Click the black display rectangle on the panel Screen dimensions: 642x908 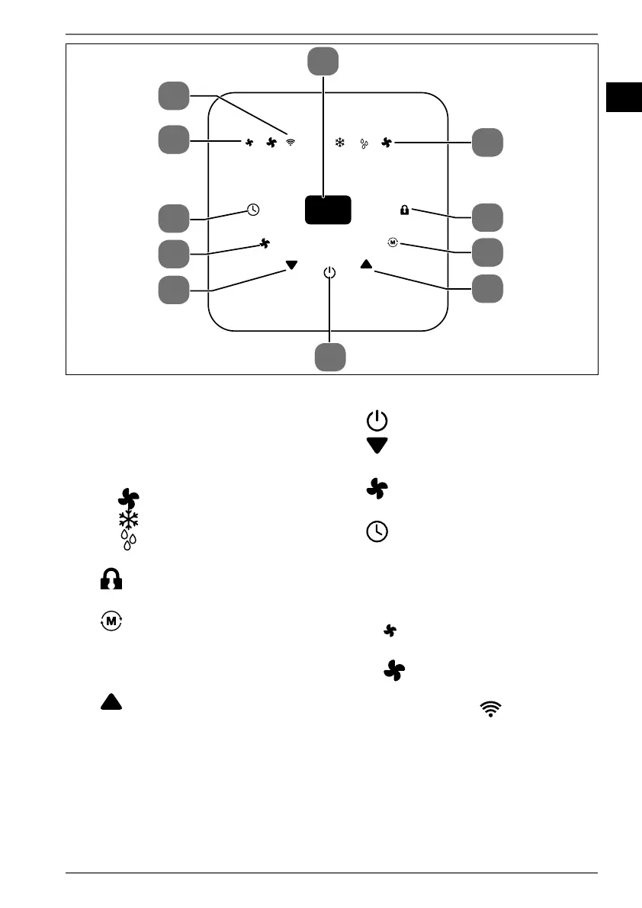(x=328, y=209)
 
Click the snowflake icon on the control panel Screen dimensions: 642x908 (x=340, y=142)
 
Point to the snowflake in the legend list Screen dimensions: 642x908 (x=128, y=520)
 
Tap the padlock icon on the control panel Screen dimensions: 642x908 (x=404, y=210)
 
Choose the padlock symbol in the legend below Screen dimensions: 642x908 (x=111, y=581)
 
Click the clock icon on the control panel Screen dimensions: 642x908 (x=253, y=210)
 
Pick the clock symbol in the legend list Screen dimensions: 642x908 (x=377, y=532)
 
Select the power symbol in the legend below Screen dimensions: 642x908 (x=377, y=420)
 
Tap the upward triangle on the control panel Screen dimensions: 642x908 (x=366, y=265)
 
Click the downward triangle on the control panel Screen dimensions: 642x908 (x=291, y=266)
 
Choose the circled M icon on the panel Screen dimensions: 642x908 (x=393, y=242)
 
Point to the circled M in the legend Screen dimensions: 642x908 (x=112, y=621)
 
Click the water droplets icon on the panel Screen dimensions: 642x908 (x=364, y=143)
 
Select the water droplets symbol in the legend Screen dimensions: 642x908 (x=129, y=540)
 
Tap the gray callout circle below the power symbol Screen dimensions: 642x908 (x=330, y=357)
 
